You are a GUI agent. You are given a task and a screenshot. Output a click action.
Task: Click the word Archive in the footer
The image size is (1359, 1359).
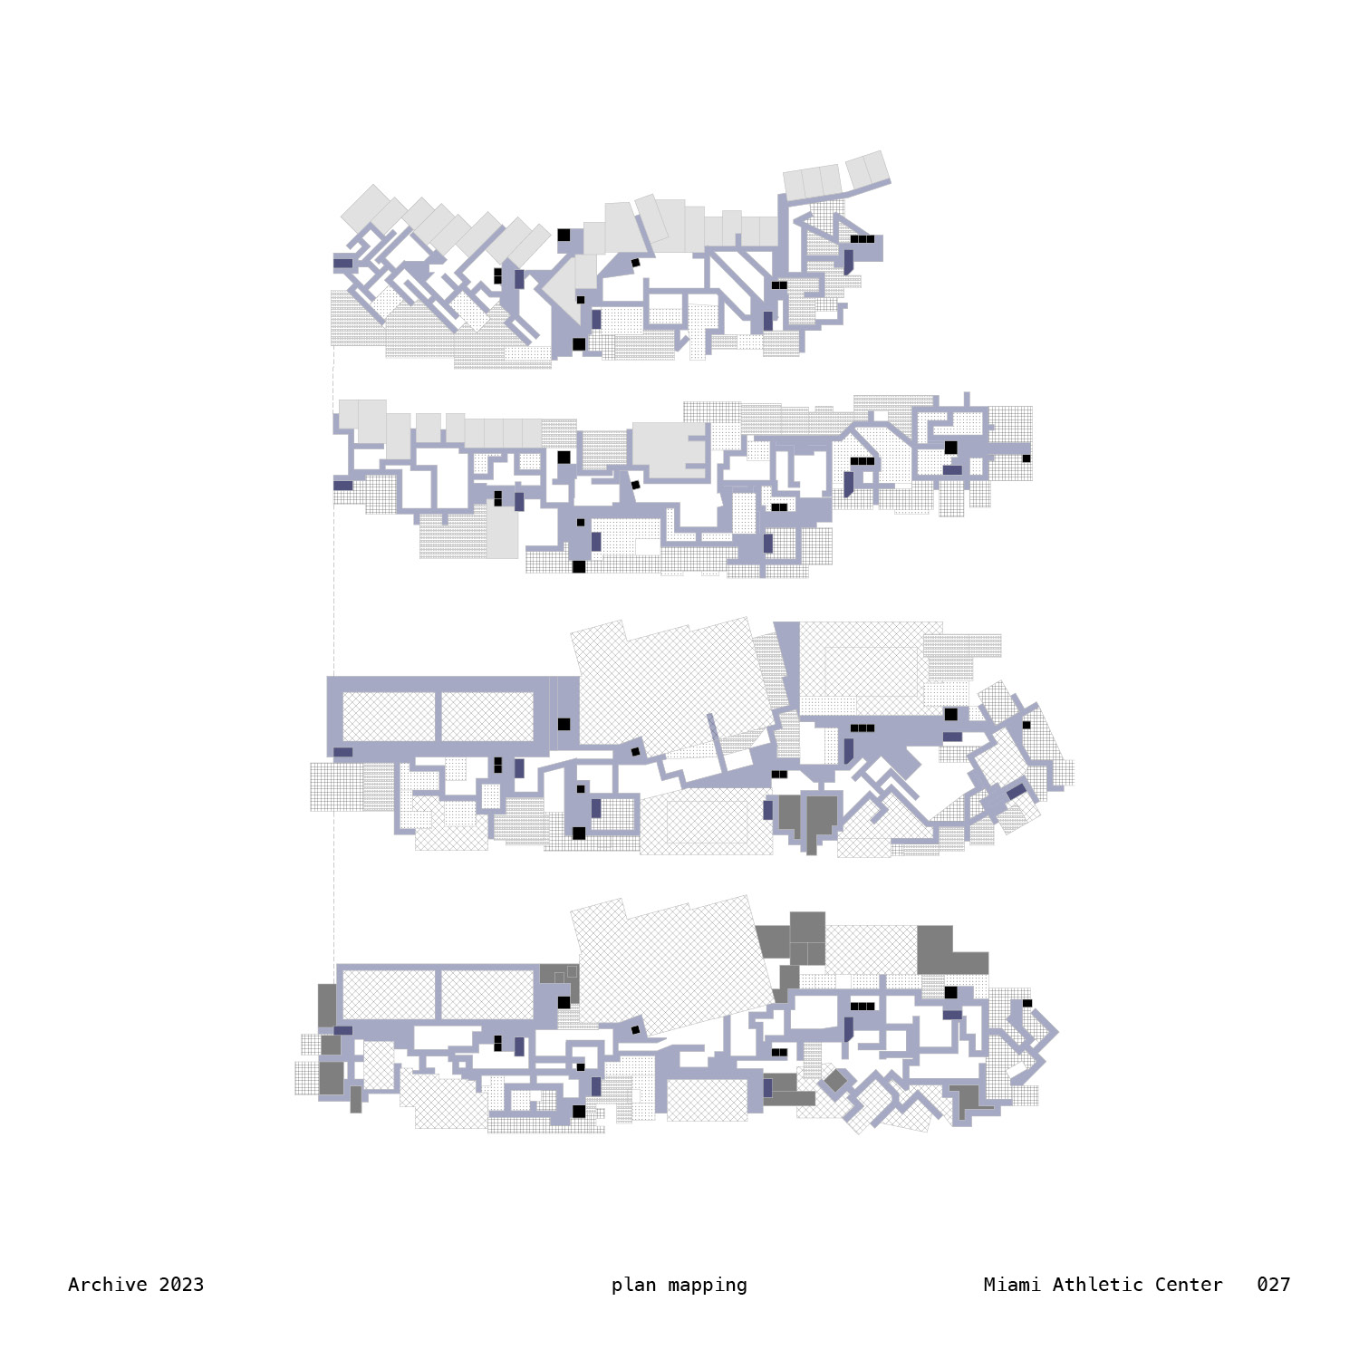108,1285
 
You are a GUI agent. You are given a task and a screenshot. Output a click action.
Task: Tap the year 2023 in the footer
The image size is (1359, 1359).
181,1285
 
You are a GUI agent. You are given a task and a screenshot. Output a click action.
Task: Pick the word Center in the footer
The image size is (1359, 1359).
1189,1285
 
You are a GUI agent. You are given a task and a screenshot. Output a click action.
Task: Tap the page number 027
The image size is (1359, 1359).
1273,1285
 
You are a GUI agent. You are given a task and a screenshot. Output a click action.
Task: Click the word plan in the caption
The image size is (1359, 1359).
633,1286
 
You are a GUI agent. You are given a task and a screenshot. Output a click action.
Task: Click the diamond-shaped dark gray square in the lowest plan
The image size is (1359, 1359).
834,1081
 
